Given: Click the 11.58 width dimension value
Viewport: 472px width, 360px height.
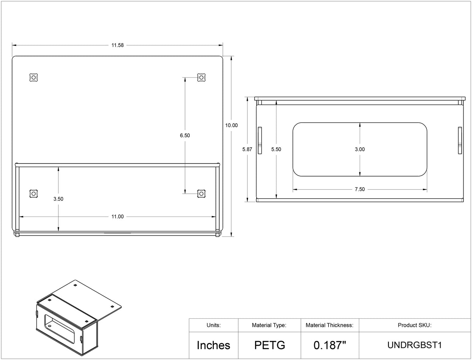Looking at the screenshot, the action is pyautogui.click(x=117, y=45).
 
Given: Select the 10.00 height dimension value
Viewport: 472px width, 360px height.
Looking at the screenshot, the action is pyautogui.click(x=231, y=125).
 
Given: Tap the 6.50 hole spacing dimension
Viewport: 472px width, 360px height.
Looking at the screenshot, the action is pyautogui.click(x=185, y=135).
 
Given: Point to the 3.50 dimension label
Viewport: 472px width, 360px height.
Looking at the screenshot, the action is pyautogui.click(x=58, y=199).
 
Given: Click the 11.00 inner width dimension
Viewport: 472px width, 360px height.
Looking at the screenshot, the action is pyautogui.click(x=117, y=217).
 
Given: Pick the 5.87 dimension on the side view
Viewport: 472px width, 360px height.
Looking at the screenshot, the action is pyautogui.click(x=247, y=149).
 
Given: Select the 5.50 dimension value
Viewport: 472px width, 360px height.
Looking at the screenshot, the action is pyautogui.click(x=276, y=149).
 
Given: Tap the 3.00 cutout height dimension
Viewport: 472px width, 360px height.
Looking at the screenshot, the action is pyautogui.click(x=360, y=149).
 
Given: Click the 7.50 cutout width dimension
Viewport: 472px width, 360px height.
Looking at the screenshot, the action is pyautogui.click(x=360, y=189).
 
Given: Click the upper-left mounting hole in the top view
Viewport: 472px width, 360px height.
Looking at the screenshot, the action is pyautogui.click(x=33, y=77).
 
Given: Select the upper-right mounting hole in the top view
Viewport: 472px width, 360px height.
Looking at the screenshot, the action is pyautogui.click(x=201, y=77).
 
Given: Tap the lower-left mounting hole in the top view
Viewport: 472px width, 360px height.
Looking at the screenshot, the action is pyautogui.click(x=33, y=194).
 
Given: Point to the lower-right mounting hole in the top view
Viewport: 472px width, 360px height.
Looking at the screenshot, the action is pyautogui.click(x=201, y=194).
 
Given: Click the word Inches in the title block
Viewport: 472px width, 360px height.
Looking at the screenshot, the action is pyautogui.click(x=213, y=345).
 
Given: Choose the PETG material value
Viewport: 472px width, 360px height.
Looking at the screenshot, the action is pyautogui.click(x=270, y=345).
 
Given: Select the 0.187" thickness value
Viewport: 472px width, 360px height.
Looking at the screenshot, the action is pyautogui.click(x=330, y=345).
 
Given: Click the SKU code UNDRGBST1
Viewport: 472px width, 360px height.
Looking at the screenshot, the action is pyautogui.click(x=414, y=345).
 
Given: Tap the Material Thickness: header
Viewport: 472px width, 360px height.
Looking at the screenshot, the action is pyautogui.click(x=330, y=325).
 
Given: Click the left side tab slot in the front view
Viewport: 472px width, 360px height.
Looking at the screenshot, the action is pyautogui.click(x=260, y=141).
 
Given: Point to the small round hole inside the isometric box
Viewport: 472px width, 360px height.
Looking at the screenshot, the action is pyautogui.click(x=50, y=326).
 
